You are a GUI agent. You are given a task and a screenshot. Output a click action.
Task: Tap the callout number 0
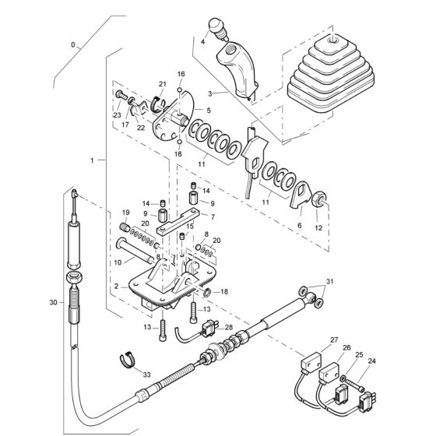(75, 46)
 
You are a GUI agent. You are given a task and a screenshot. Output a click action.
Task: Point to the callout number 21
(163, 84)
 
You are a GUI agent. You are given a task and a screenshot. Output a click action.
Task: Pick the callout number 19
(125, 213)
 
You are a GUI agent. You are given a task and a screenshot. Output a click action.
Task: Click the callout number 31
(329, 282)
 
